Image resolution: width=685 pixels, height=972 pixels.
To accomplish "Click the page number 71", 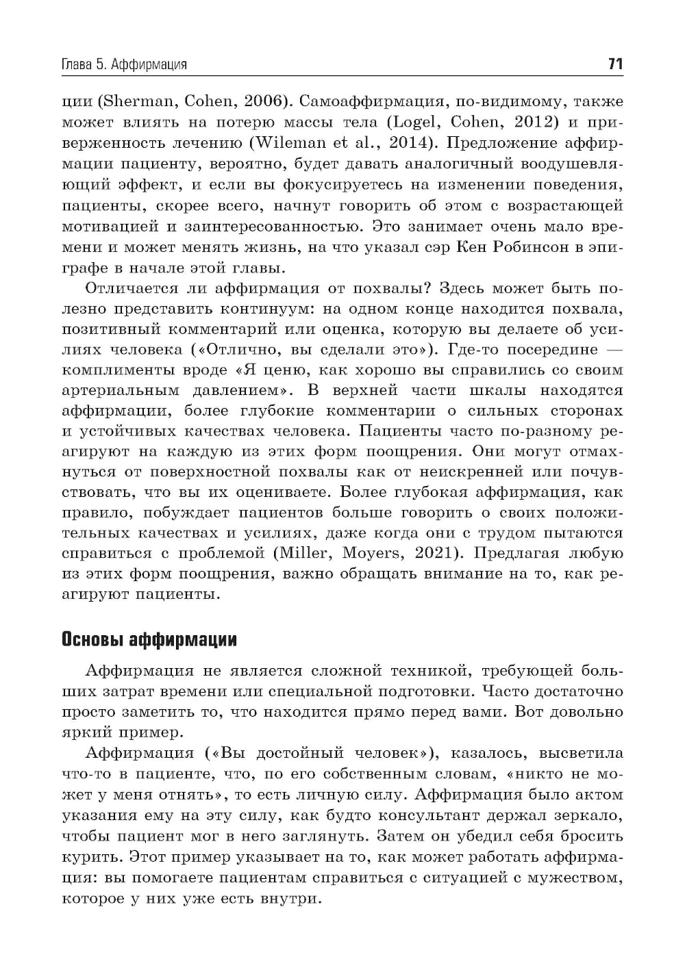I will point(614,64).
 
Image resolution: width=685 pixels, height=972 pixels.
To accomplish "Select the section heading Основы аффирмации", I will point(149,640).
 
